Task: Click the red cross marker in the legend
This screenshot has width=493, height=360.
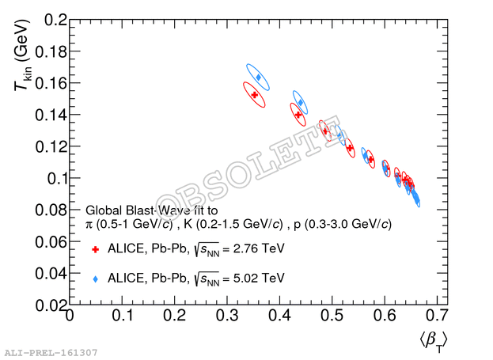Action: pos(95,249)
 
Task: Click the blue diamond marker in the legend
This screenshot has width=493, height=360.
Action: pos(95,279)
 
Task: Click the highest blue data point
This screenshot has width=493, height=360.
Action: pos(259,78)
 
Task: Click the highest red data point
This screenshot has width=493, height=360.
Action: pos(254,94)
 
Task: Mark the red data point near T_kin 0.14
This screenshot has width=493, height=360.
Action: pos(298,115)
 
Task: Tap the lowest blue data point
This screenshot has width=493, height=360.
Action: pos(417,202)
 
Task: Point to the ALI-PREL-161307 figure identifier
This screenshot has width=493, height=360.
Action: pos(51,351)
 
